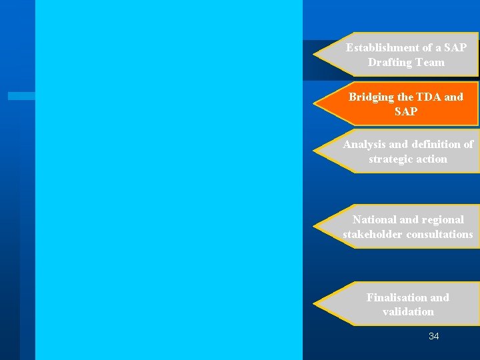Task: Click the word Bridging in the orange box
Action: pos(371,97)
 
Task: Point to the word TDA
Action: pos(425,97)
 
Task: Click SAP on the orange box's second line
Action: pos(406,112)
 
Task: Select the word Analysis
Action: pos(364,145)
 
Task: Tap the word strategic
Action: pos(391,159)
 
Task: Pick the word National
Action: pos(375,220)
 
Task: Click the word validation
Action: pos(408,312)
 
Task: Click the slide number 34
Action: pos(434,337)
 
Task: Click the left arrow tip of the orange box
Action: pos(315,105)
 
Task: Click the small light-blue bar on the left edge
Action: pos(21,96)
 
